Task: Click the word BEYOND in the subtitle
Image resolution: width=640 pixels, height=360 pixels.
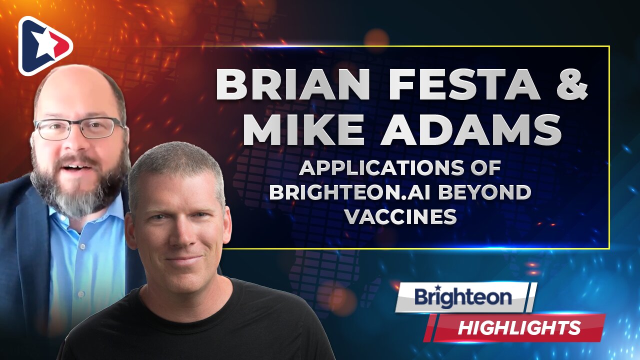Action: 480,192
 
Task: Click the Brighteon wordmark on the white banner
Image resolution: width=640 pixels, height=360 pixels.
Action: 463,297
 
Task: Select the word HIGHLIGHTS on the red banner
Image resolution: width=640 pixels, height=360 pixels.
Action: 519,328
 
